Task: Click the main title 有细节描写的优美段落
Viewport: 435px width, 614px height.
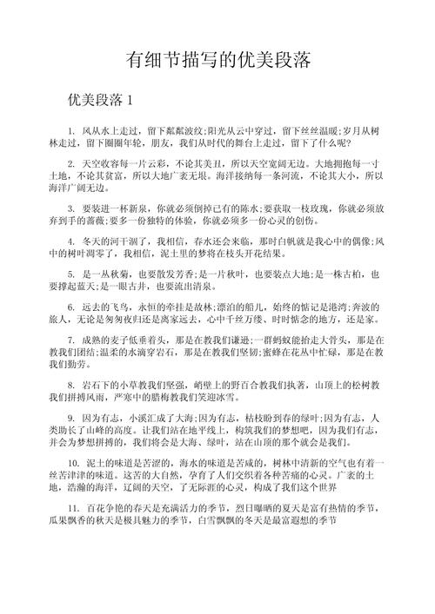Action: tap(218, 62)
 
